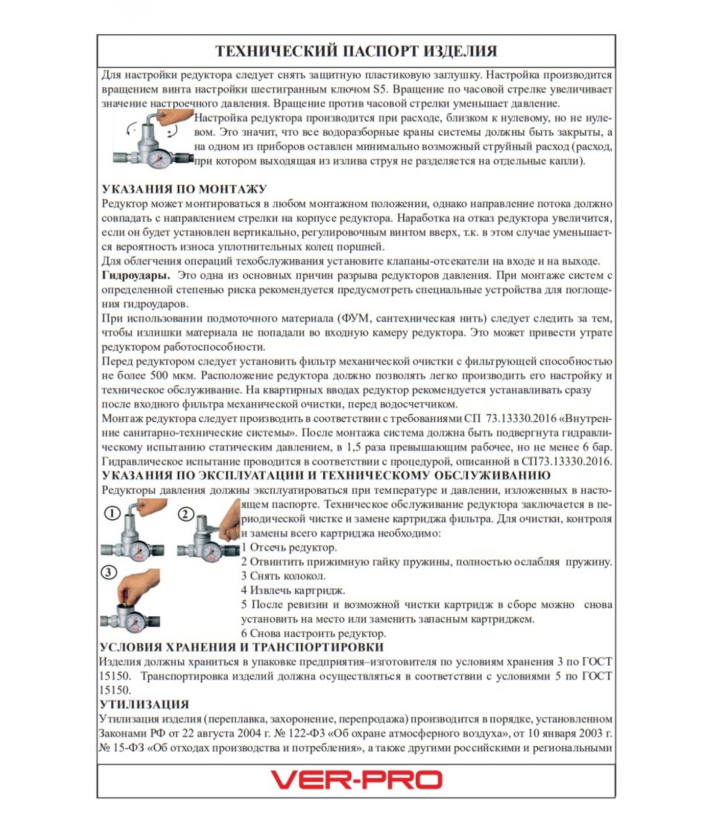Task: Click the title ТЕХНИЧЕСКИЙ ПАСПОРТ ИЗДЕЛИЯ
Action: coord(356,51)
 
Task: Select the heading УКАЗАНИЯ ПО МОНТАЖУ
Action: coord(184,189)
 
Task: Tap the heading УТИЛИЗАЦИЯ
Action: coord(144,705)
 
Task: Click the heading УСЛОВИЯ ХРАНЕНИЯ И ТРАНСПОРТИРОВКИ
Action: coord(241,647)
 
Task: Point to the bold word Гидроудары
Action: coord(136,276)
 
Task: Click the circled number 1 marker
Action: coord(112,513)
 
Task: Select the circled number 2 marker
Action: coord(186,514)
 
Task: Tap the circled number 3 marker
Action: coord(109,572)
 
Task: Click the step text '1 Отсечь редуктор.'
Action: coord(289,547)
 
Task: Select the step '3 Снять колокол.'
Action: coord(283,576)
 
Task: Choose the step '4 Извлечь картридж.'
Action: coord(293,590)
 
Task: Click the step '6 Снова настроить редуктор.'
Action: coord(314,634)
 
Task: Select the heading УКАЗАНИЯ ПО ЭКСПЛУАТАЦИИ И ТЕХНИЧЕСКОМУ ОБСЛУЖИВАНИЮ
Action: coord(326,476)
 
